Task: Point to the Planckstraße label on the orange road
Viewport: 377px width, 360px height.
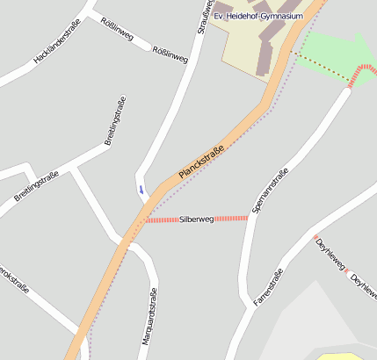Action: click(x=201, y=162)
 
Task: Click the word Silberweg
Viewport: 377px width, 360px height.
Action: click(x=196, y=219)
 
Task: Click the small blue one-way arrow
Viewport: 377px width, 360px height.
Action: click(x=141, y=189)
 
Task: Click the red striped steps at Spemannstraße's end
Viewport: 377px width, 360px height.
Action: click(x=359, y=76)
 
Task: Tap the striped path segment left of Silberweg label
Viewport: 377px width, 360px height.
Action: click(x=162, y=220)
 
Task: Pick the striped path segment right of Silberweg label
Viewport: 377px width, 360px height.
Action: click(x=230, y=218)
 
